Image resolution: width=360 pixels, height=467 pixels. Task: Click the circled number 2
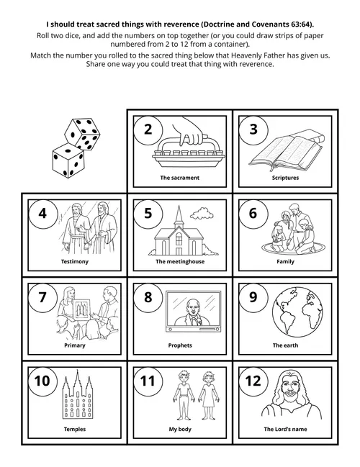(148, 130)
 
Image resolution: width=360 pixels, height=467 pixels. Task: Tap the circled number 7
(42, 297)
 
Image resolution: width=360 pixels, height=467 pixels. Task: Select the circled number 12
(253, 381)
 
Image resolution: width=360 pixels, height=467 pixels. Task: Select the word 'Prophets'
(179, 345)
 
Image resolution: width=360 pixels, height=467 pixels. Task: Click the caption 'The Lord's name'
(285, 430)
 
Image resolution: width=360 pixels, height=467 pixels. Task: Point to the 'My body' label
(179, 430)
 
